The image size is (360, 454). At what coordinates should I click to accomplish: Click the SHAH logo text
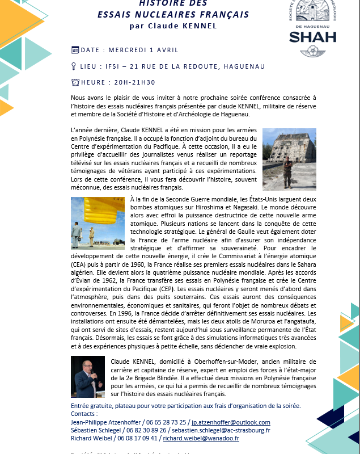[x=312, y=37]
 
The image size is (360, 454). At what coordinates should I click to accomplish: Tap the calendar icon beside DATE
[x=75, y=50]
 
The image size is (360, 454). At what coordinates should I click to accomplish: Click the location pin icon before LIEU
[x=75, y=66]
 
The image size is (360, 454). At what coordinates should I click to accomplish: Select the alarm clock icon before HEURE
[x=75, y=82]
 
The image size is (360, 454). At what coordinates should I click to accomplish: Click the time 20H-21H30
[x=135, y=82]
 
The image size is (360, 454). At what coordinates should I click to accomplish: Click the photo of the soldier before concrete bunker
[x=289, y=159]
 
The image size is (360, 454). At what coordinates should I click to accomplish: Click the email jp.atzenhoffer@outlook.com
[x=231, y=422]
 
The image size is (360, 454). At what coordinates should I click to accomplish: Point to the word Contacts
[x=85, y=414]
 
